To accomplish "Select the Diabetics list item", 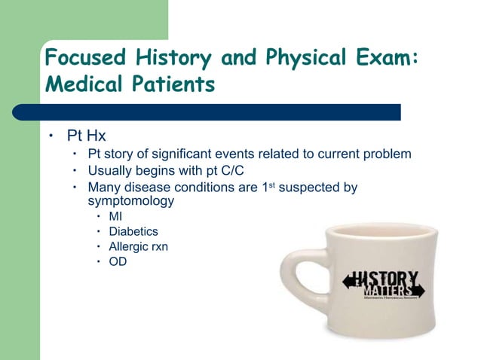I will tap(133, 232).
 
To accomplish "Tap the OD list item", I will tap(118, 262).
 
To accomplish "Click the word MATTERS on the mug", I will tap(388, 291).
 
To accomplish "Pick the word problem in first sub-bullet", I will tap(386, 154).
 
